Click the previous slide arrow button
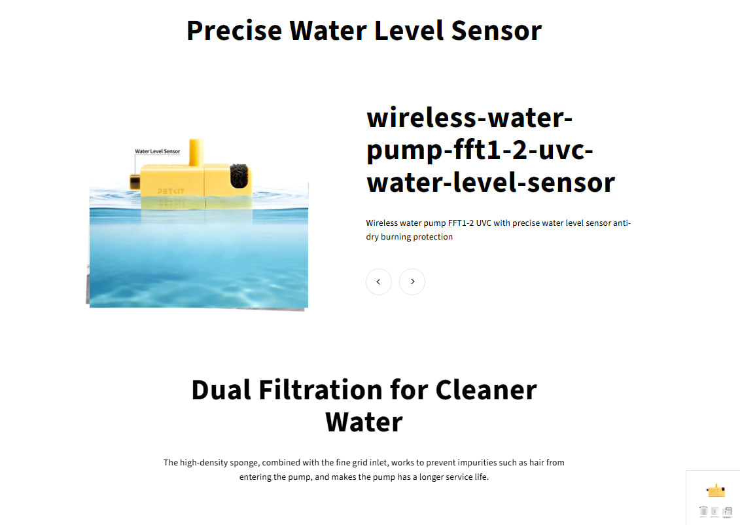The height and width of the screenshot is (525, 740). [378, 281]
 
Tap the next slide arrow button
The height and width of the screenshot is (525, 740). [412, 281]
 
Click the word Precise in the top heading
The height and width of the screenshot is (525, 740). [234, 31]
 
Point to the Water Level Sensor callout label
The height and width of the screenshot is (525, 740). [157, 151]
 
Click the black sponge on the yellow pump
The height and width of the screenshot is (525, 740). [239, 175]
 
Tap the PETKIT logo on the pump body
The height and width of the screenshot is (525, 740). [171, 191]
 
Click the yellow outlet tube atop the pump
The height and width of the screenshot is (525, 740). [196, 151]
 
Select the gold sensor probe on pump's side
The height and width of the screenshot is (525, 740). [135, 182]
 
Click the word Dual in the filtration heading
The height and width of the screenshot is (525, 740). [220, 389]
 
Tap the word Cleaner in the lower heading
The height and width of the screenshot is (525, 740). [485, 389]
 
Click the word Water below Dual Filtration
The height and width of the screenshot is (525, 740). [364, 422]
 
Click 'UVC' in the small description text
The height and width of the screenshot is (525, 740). [484, 223]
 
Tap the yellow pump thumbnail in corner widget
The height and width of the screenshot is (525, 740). [716, 490]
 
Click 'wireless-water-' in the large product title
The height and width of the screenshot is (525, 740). [470, 118]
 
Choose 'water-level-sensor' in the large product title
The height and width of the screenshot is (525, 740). [491, 181]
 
